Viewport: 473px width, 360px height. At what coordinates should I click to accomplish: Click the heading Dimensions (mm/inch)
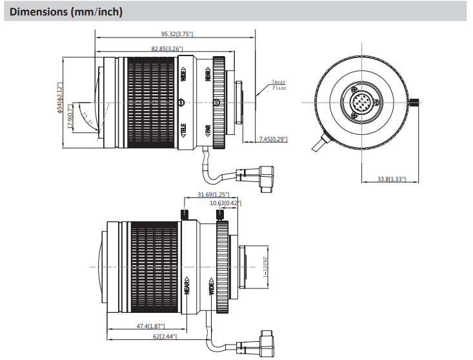[66, 12]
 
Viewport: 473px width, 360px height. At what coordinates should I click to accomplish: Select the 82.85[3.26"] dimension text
[167, 48]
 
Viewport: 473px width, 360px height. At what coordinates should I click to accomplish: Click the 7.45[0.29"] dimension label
[273, 139]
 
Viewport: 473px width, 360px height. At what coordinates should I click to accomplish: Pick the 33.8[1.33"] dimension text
[392, 179]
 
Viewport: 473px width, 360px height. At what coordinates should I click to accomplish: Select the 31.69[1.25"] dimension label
[213, 194]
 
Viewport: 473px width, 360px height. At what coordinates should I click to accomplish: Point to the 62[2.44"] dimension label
[162, 337]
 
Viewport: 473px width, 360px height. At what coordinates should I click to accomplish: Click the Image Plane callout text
[279, 85]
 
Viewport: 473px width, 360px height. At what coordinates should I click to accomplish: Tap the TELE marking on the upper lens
[184, 131]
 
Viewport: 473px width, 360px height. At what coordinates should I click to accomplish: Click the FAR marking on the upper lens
[208, 131]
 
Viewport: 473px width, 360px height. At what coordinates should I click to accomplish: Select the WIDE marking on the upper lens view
[184, 75]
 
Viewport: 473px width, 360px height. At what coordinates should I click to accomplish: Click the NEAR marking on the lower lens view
[186, 286]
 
